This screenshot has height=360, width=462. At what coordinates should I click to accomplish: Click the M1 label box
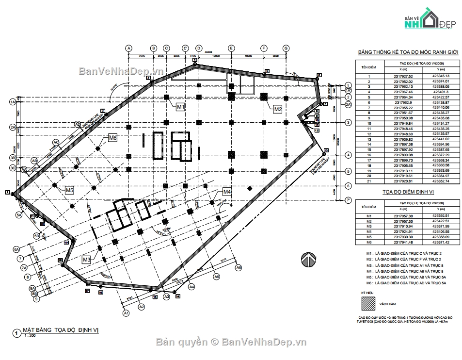pos(180,106)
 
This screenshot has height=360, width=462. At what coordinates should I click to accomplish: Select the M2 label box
pos(277,109)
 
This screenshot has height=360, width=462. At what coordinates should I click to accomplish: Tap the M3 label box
pos(86,260)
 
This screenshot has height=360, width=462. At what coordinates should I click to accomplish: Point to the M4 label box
pos(227,192)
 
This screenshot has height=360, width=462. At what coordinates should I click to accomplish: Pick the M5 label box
pos(70,191)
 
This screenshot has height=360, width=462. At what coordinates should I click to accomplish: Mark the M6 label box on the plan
pos(113,138)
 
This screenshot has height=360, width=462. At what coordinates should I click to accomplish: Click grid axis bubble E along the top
pos(231,48)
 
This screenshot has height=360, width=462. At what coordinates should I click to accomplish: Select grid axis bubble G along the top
pos(286,48)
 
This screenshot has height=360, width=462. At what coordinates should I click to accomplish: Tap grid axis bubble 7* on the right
pos(348,199)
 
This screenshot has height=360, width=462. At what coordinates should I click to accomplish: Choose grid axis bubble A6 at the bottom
pos(239,267)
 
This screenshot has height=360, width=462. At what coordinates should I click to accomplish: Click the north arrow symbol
pos(307,260)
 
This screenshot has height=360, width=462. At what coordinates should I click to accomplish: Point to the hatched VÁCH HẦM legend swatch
pos(367,303)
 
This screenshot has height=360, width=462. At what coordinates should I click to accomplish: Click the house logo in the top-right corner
pos(427,18)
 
